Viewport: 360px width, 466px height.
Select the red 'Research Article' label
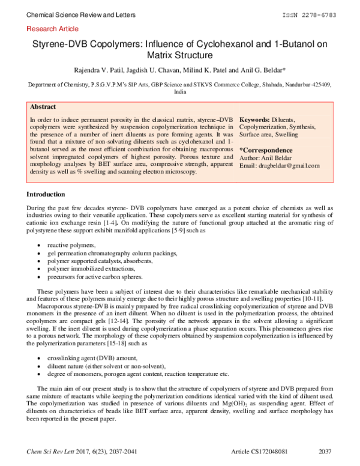(x=53, y=29)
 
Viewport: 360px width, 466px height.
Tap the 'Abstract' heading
(x=43, y=107)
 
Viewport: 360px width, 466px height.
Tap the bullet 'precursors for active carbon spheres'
(x=95, y=277)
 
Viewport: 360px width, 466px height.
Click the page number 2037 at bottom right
(x=325, y=451)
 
